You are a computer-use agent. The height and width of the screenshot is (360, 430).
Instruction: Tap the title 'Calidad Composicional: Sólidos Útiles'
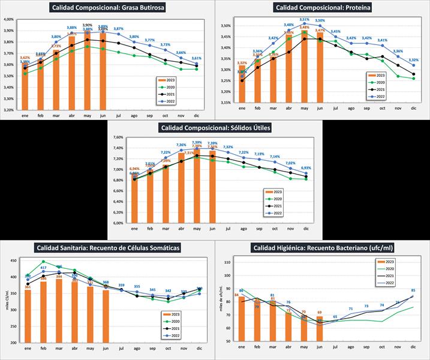(x=215, y=128)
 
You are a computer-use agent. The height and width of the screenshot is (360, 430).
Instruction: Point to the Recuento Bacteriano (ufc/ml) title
(x=322, y=248)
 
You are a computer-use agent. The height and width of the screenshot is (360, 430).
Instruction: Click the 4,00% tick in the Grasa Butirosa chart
(x=8, y=20)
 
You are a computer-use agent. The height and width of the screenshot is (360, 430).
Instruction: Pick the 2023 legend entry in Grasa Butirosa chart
(x=170, y=79)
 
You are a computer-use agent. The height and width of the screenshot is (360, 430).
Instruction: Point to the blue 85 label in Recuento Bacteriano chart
(x=413, y=290)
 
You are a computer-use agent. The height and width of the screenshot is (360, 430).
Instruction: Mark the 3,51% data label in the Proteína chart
(x=304, y=20)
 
